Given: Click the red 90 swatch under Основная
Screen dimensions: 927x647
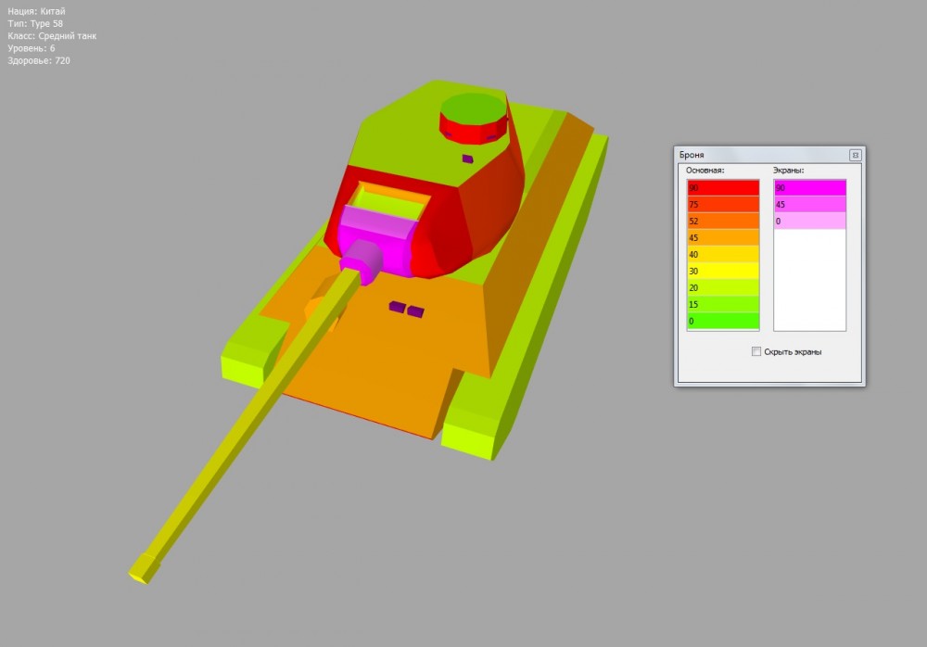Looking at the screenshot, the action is [723, 188].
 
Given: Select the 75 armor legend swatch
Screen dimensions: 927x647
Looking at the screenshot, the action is [723, 204].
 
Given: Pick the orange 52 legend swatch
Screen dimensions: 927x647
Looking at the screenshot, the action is [723, 221].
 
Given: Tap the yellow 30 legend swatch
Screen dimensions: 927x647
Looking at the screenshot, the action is [723, 271].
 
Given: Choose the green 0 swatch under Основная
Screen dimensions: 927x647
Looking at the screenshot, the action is [723, 321].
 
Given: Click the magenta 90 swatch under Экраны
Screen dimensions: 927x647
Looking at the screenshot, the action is [810, 188].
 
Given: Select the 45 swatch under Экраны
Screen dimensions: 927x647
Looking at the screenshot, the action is [810, 204].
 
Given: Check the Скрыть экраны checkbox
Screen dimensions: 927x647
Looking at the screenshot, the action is [756, 351].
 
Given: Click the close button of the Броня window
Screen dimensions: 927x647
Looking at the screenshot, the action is [855, 155].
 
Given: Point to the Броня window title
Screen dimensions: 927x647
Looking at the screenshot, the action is [692, 155].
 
